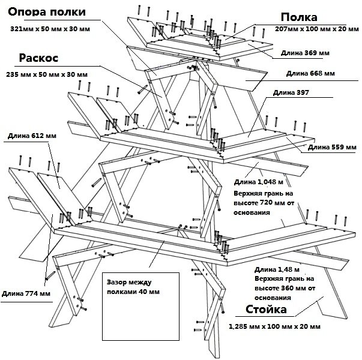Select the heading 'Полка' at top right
pos(298,17)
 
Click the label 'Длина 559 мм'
pos(332,147)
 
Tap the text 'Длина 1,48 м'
pos(277,269)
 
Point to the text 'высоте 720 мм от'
pos(259,203)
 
